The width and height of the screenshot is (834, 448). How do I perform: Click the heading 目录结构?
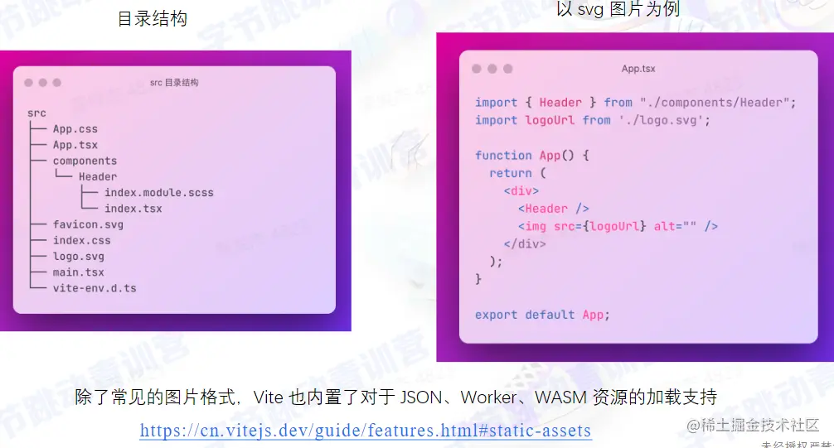pyautogui.click(x=153, y=18)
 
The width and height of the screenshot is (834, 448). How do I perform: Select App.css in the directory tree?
pyautogui.click(x=75, y=129)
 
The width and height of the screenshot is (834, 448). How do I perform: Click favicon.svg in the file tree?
pyautogui.click(x=88, y=224)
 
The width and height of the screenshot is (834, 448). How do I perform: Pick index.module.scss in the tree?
pyautogui.click(x=158, y=193)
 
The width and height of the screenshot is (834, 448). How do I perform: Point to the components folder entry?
pyautogui.click(x=85, y=161)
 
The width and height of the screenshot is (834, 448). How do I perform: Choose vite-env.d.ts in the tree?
pyautogui.click(x=95, y=288)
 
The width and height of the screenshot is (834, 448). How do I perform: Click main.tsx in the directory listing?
pyautogui.click(x=79, y=272)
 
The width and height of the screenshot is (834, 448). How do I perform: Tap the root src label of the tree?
pyautogui.click(x=36, y=113)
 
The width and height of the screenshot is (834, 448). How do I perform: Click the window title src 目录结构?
pyautogui.click(x=174, y=83)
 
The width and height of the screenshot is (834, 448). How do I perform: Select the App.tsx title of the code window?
pyautogui.click(x=638, y=69)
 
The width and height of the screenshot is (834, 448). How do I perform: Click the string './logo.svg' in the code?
pyautogui.click(x=663, y=120)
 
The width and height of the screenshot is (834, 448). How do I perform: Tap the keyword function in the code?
pyautogui.click(x=503, y=156)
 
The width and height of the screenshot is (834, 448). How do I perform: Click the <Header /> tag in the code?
pyautogui.click(x=554, y=209)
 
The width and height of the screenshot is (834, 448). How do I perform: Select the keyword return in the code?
pyautogui.click(x=511, y=173)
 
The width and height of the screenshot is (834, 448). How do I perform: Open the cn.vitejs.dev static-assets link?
pyautogui.click(x=366, y=431)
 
